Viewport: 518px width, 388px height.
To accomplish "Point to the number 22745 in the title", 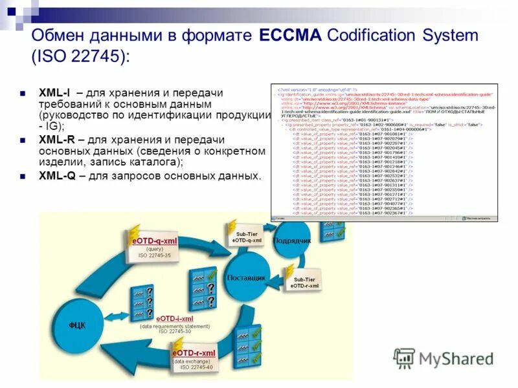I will (89, 57).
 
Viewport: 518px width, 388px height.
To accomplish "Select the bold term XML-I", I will (54, 93).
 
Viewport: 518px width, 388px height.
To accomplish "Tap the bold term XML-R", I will (55, 139).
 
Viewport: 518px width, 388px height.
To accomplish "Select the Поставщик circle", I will (247, 278).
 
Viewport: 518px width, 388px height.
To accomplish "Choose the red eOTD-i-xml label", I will (174, 318).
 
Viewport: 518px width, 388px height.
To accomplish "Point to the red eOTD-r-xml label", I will (194, 353).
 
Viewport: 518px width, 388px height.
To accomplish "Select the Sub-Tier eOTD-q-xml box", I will (247, 237).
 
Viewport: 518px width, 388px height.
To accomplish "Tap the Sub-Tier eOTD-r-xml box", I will (304, 282).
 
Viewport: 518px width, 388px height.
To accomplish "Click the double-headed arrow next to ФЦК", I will (126, 321).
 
